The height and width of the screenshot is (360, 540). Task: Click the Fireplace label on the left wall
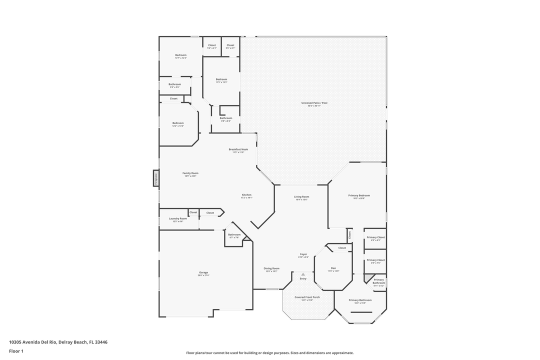tap(155, 178)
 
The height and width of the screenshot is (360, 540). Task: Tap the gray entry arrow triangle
tap(303, 274)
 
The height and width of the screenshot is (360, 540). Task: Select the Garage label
tap(203, 272)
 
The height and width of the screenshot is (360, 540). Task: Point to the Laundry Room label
tap(177, 218)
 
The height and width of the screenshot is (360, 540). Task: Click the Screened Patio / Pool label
tap(314, 103)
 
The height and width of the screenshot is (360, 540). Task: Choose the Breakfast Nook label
tap(237, 149)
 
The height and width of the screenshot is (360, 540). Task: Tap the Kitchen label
tap(246, 194)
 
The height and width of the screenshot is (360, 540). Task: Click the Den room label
tap(333, 268)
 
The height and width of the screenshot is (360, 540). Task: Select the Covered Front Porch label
tap(307, 297)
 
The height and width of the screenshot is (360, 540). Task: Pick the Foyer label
tap(303, 254)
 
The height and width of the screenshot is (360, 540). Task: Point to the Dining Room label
tap(271, 268)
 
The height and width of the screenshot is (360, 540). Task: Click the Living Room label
tap(301, 196)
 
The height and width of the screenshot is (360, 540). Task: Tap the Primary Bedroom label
tap(359, 195)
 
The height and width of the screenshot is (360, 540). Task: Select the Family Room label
tap(190, 173)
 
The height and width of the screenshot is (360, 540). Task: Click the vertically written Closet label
tap(349, 235)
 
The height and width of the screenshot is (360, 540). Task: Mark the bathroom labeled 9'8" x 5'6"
tap(174, 84)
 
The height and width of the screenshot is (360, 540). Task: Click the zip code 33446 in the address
tap(101, 342)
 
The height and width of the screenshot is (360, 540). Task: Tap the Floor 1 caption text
tap(16, 351)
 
